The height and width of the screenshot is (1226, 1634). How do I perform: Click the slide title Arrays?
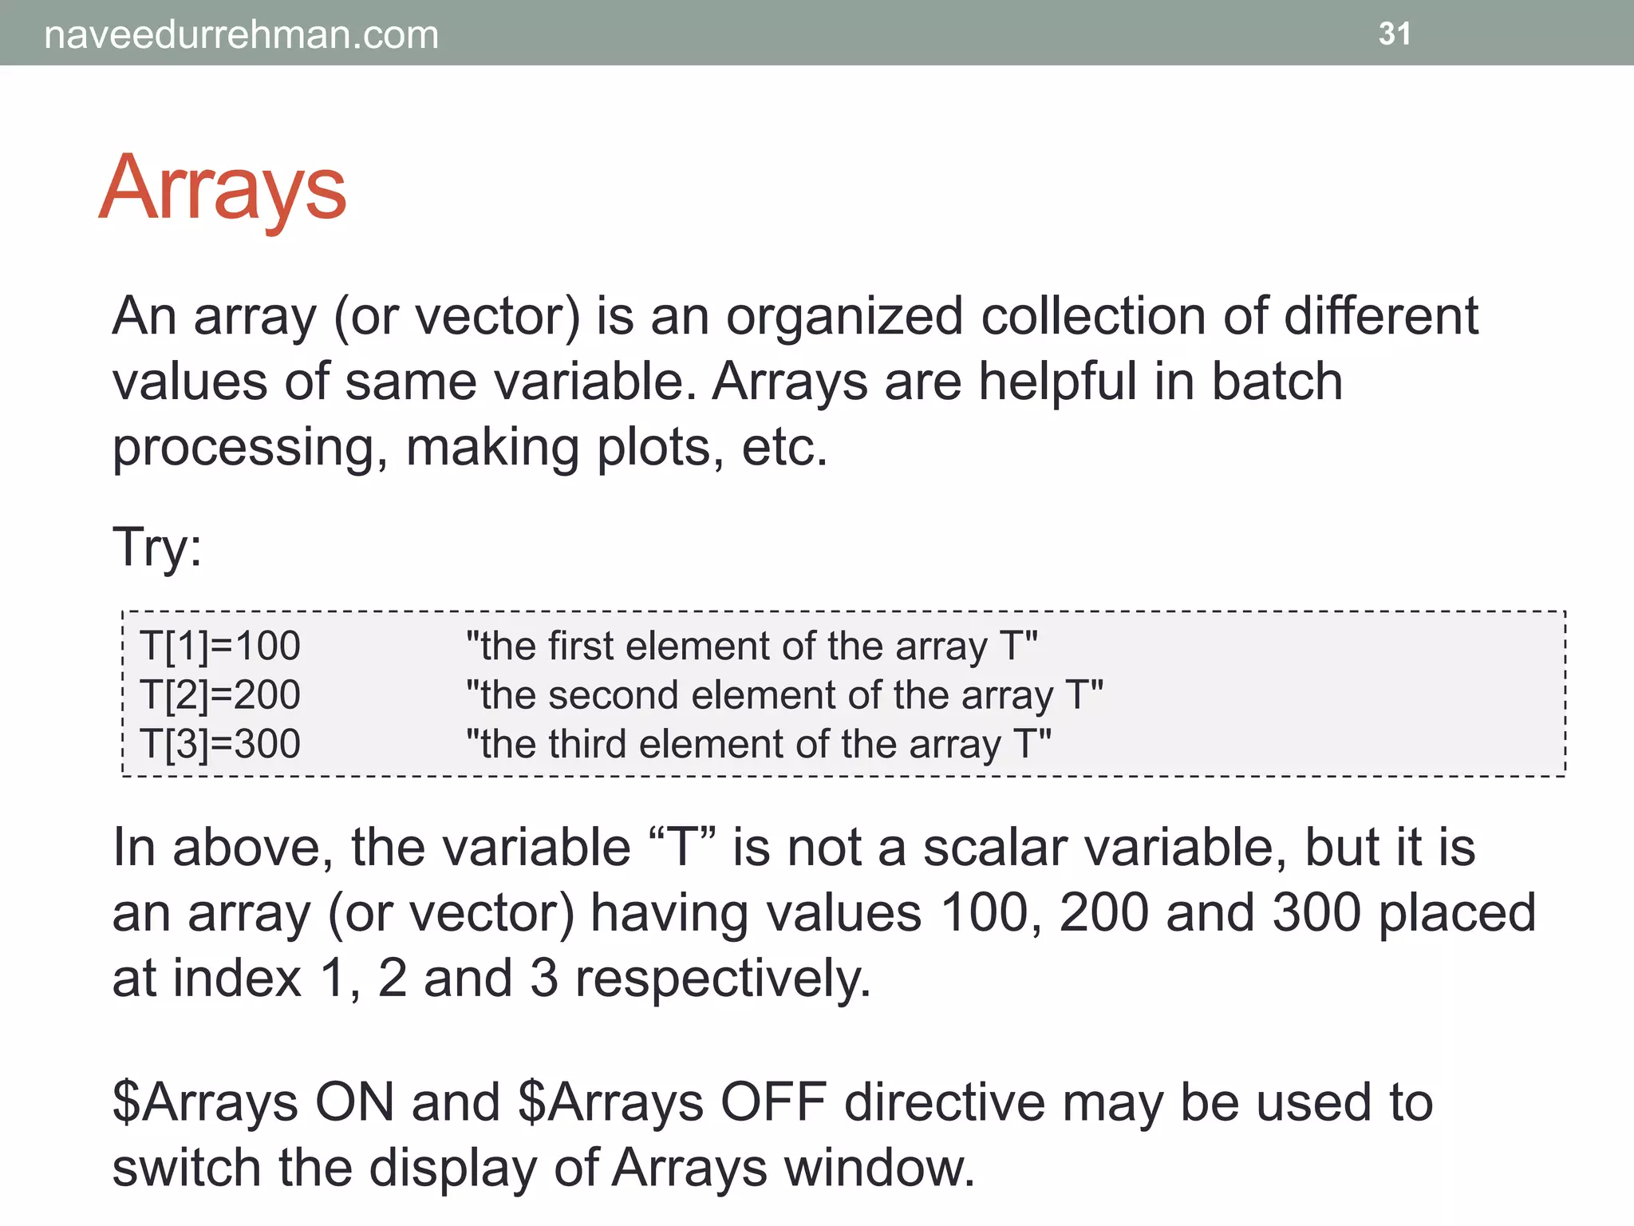223,189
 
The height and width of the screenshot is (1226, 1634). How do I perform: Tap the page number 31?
1395,34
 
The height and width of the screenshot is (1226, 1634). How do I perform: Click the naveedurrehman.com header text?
241,35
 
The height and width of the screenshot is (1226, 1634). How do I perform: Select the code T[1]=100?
220,646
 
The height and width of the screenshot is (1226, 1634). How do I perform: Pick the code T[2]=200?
220,694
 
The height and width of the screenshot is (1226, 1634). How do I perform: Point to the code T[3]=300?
220,744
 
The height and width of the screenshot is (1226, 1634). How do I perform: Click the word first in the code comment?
582,646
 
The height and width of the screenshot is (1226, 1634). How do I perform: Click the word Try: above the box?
157,548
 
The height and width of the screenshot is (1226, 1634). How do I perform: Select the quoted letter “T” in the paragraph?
683,848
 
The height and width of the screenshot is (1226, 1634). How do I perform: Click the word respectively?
722,979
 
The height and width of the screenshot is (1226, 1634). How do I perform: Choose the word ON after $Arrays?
354,1103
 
